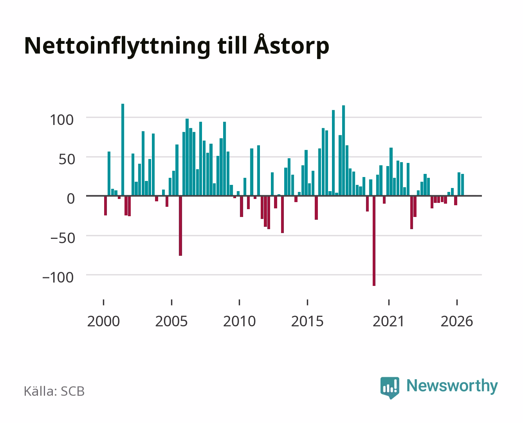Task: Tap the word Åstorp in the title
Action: click(x=291, y=45)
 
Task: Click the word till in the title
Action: click(x=232, y=45)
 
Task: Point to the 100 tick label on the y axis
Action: click(x=61, y=120)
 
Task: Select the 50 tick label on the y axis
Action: click(x=67, y=159)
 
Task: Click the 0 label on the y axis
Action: click(x=71, y=199)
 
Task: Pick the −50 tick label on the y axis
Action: click(x=63, y=238)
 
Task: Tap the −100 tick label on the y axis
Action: click(x=58, y=278)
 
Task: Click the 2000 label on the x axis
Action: click(x=103, y=321)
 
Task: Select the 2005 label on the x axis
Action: click(x=171, y=321)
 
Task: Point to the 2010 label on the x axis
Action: click(x=240, y=321)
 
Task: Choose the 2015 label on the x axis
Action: click(x=307, y=321)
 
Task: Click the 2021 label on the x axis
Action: click(x=389, y=321)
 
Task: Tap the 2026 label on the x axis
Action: click(x=457, y=321)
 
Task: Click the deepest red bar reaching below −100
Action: click(x=374, y=241)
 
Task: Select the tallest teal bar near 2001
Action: click(x=123, y=150)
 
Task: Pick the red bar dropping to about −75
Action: click(x=180, y=226)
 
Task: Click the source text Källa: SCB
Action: click(x=54, y=391)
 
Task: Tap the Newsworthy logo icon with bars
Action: click(x=390, y=388)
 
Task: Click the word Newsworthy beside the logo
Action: click(x=452, y=386)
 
